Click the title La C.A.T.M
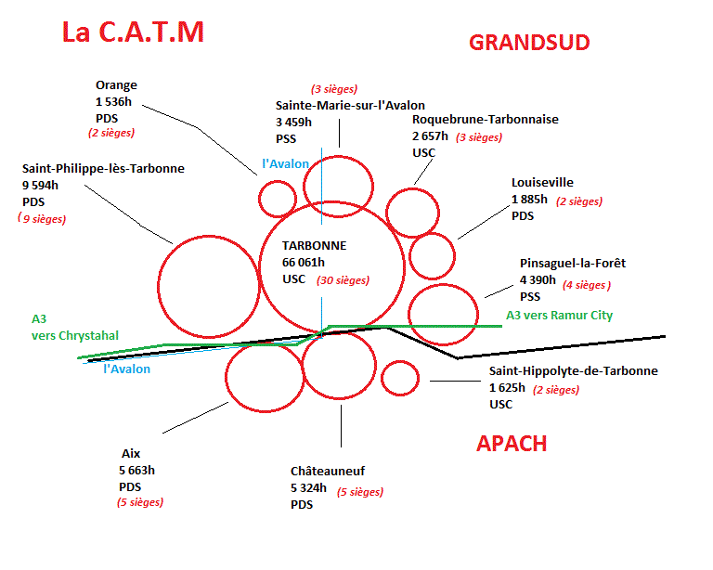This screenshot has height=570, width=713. (132, 32)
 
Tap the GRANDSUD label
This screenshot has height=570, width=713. (529, 42)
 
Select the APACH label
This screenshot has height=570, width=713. (512, 443)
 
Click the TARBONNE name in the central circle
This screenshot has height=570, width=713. (314, 246)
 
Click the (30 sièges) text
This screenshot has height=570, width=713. (343, 280)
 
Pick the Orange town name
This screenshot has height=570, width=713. (116, 85)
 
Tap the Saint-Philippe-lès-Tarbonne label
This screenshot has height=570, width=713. (103, 169)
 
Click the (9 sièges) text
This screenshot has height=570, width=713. (42, 219)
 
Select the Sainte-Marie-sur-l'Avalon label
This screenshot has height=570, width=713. (350, 105)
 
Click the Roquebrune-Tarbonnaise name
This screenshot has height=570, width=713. (486, 120)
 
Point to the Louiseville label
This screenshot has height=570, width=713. (542, 183)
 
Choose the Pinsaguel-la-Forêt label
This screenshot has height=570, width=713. (573, 264)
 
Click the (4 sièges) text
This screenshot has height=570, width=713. (587, 286)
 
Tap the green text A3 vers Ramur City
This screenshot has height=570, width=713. (559, 316)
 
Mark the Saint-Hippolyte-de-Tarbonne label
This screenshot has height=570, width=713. (573, 371)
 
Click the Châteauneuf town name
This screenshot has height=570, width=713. (328, 472)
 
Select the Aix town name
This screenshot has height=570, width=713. (130, 453)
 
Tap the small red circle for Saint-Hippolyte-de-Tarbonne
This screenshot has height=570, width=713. (401, 377)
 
